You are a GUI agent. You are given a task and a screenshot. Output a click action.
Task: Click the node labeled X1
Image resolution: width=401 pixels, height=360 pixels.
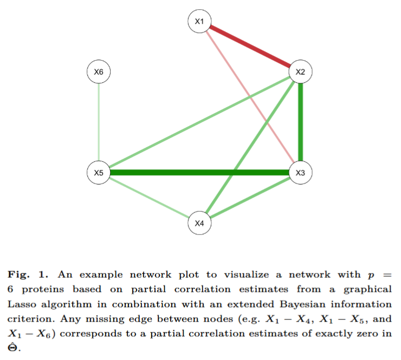(199, 22)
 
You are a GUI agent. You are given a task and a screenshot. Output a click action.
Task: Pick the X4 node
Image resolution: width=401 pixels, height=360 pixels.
(199, 223)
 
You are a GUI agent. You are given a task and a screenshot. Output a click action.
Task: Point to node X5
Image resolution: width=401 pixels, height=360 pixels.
(99, 173)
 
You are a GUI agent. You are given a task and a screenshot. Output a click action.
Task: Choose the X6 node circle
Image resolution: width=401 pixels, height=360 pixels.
(99, 71)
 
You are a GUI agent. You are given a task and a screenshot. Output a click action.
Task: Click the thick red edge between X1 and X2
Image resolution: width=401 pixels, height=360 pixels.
(249, 47)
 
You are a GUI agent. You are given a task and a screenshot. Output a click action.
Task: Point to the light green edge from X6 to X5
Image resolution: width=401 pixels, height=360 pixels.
(99, 122)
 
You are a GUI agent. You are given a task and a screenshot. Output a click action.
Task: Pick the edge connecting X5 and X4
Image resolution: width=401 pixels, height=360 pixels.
(148, 198)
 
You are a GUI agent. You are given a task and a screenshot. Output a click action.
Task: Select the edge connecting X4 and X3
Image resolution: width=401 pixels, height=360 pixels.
(249, 198)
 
